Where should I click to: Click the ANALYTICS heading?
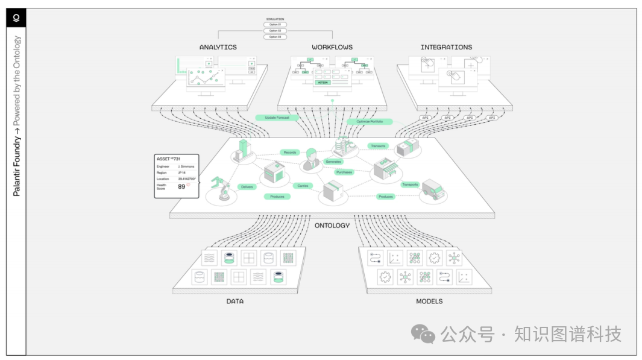(218, 47)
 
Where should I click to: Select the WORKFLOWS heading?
(332, 47)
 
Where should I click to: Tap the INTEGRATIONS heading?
(446, 47)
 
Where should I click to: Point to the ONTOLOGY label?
(332, 226)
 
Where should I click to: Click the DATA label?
(235, 302)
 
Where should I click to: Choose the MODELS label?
(429, 302)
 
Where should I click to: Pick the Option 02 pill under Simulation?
(275, 31)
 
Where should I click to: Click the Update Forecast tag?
(277, 118)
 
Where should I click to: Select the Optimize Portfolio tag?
(370, 122)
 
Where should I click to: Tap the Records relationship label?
(290, 153)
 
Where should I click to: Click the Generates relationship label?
(333, 162)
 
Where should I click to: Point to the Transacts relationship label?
(378, 146)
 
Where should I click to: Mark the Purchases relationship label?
(344, 172)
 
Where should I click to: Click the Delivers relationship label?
(247, 187)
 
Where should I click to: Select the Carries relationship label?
(303, 186)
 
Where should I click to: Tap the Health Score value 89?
(181, 187)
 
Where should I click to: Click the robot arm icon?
(221, 189)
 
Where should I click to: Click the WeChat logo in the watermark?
(423, 334)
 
